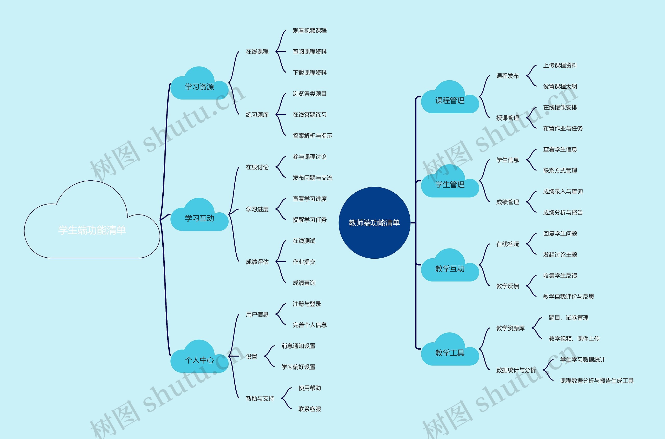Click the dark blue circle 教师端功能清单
tap(374, 223)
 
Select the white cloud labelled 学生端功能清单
tap(92, 230)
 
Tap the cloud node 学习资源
tap(199, 87)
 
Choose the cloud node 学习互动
tap(199, 218)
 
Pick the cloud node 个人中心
tap(199, 360)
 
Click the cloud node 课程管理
tap(450, 101)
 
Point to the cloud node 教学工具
tap(450, 353)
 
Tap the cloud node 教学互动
tap(450, 269)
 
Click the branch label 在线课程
tap(257, 51)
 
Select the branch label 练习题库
tap(257, 115)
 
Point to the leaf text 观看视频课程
tap(310, 30)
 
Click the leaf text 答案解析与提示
tap(312, 136)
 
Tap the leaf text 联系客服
tap(310, 409)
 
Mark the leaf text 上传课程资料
tap(560, 65)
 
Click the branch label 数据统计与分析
tap(516, 370)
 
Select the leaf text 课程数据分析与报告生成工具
tap(597, 381)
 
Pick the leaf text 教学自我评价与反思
tap(568, 297)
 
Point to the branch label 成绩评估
tap(257, 262)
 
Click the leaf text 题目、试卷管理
tap(568, 318)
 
